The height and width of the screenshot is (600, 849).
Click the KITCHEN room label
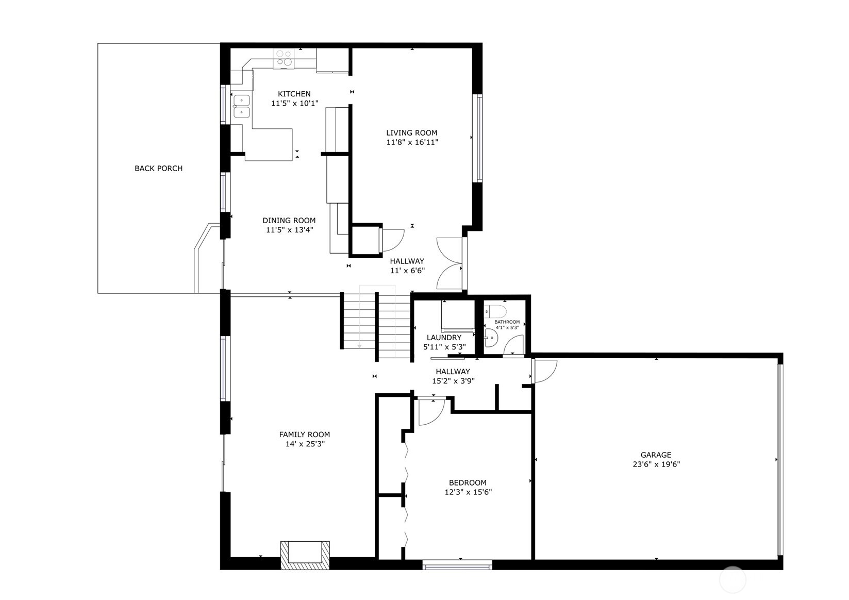click(294, 94)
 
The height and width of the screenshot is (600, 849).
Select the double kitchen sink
click(241, 106)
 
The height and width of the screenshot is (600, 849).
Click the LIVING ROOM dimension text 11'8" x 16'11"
click(412, 142)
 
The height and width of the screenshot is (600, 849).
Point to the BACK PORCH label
click(158, 169)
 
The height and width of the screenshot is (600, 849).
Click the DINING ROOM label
click(289, 221)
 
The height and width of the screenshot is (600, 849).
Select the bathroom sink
click(490, 338)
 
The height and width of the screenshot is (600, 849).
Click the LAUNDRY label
click(444, 338)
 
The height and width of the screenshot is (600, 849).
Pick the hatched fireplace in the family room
click(305, 555)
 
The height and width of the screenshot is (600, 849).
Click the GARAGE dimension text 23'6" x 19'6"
click(656, 464)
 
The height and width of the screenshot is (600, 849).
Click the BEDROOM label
click(468, 483)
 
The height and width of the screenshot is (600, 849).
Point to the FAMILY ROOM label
click(304, 435)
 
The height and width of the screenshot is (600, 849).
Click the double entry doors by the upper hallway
click(450, 263)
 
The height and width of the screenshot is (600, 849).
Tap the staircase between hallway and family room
click(376, 325)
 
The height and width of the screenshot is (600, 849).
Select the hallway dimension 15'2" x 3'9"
click(453, 381)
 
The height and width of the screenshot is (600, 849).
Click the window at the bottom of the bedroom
click(457, 565)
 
